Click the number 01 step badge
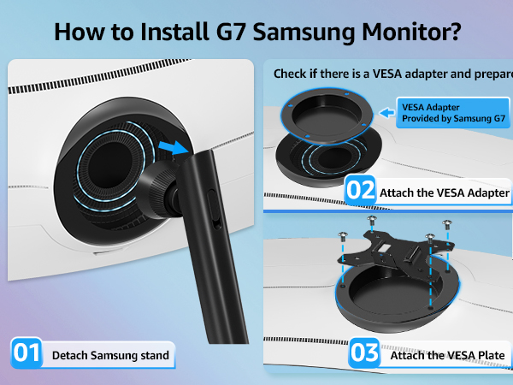coord(26,353)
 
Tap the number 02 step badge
coord(360,191)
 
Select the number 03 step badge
coord(364,353)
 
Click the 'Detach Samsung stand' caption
coord(109,354)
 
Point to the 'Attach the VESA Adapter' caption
coord(444,192)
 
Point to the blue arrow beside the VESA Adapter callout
coord(387,111)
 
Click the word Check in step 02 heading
coord(293,74)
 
